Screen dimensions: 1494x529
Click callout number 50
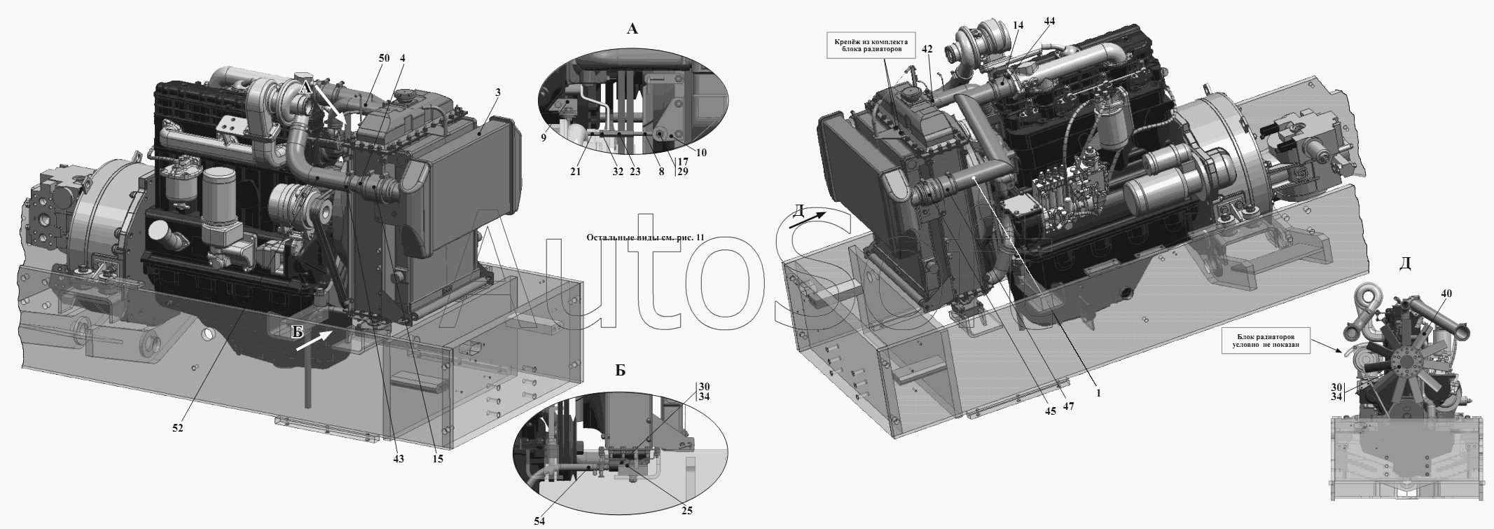(385, 59)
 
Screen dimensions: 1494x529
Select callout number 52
(178, 428)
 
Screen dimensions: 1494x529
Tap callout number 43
(398, 459)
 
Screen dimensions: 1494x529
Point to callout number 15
(438, 459)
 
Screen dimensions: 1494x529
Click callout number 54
(538, 521)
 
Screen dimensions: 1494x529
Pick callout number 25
(687, 511)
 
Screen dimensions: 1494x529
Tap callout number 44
(1049, 21)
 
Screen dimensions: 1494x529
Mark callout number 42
(927, 50)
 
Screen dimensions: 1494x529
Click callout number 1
(1098, 394)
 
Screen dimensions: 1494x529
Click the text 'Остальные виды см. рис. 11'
(644, 238)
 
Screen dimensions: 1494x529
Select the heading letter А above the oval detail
(632, 29)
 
